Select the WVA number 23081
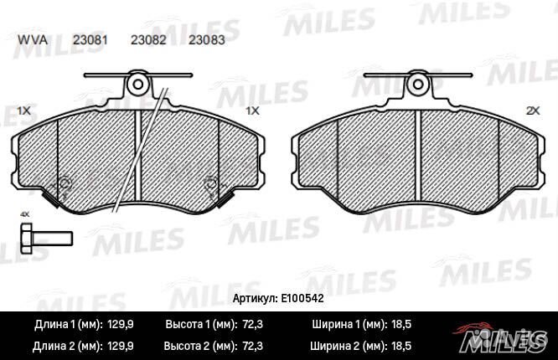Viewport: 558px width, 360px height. (88, 39)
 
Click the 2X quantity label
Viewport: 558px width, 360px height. (530, 111)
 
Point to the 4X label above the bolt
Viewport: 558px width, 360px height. (24, 215)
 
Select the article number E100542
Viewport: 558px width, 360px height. (303, 297)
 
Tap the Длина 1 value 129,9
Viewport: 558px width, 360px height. (122, 322)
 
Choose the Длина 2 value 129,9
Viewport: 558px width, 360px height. (122, 344)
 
